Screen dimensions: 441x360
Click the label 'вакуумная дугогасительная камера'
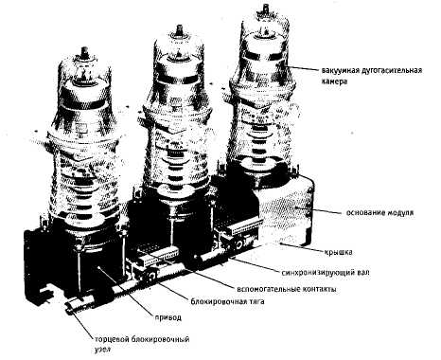(x=372, y=76)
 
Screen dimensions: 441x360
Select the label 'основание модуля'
(x=379, y=213)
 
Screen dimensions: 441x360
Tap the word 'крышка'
(x=338, y=252)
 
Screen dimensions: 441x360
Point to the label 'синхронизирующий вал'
(x=325, y=272)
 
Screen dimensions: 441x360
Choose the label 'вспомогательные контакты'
(x=287, y=289)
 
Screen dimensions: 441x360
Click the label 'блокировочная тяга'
(x=227, y=301)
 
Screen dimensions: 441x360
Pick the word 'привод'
(x=168, y=317)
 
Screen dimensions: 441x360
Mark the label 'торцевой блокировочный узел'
(x=142, y=344)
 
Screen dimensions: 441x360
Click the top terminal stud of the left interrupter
(x=84, y=52)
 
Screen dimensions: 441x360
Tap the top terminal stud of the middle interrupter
(x=180, y=29)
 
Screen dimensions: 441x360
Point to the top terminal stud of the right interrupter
(x=266, y=8)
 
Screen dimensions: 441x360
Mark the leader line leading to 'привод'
(x=125, y=291)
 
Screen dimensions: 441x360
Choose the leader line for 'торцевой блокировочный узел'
(x=82, y=326)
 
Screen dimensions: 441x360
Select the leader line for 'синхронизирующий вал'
(x=255, y=264)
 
